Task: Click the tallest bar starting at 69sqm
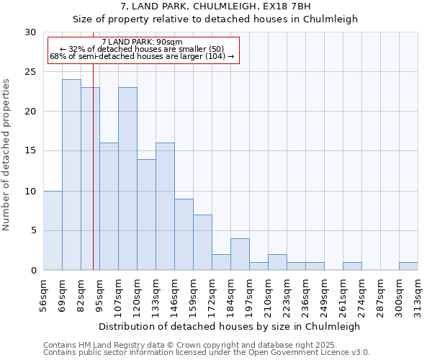click(71, 175)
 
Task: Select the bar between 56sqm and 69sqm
click(53, 230)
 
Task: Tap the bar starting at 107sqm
click(127, 179)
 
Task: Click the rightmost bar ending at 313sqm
click(408, 266)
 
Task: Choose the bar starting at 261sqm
click(352, 266)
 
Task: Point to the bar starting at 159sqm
click(202, 242)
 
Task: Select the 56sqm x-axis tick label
click(44, 295)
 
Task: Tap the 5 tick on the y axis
click(33, 230)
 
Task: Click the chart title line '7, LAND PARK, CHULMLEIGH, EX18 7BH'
click(215, 6)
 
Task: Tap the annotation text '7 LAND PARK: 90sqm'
click(143, 42)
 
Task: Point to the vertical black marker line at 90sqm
click(93, 180)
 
